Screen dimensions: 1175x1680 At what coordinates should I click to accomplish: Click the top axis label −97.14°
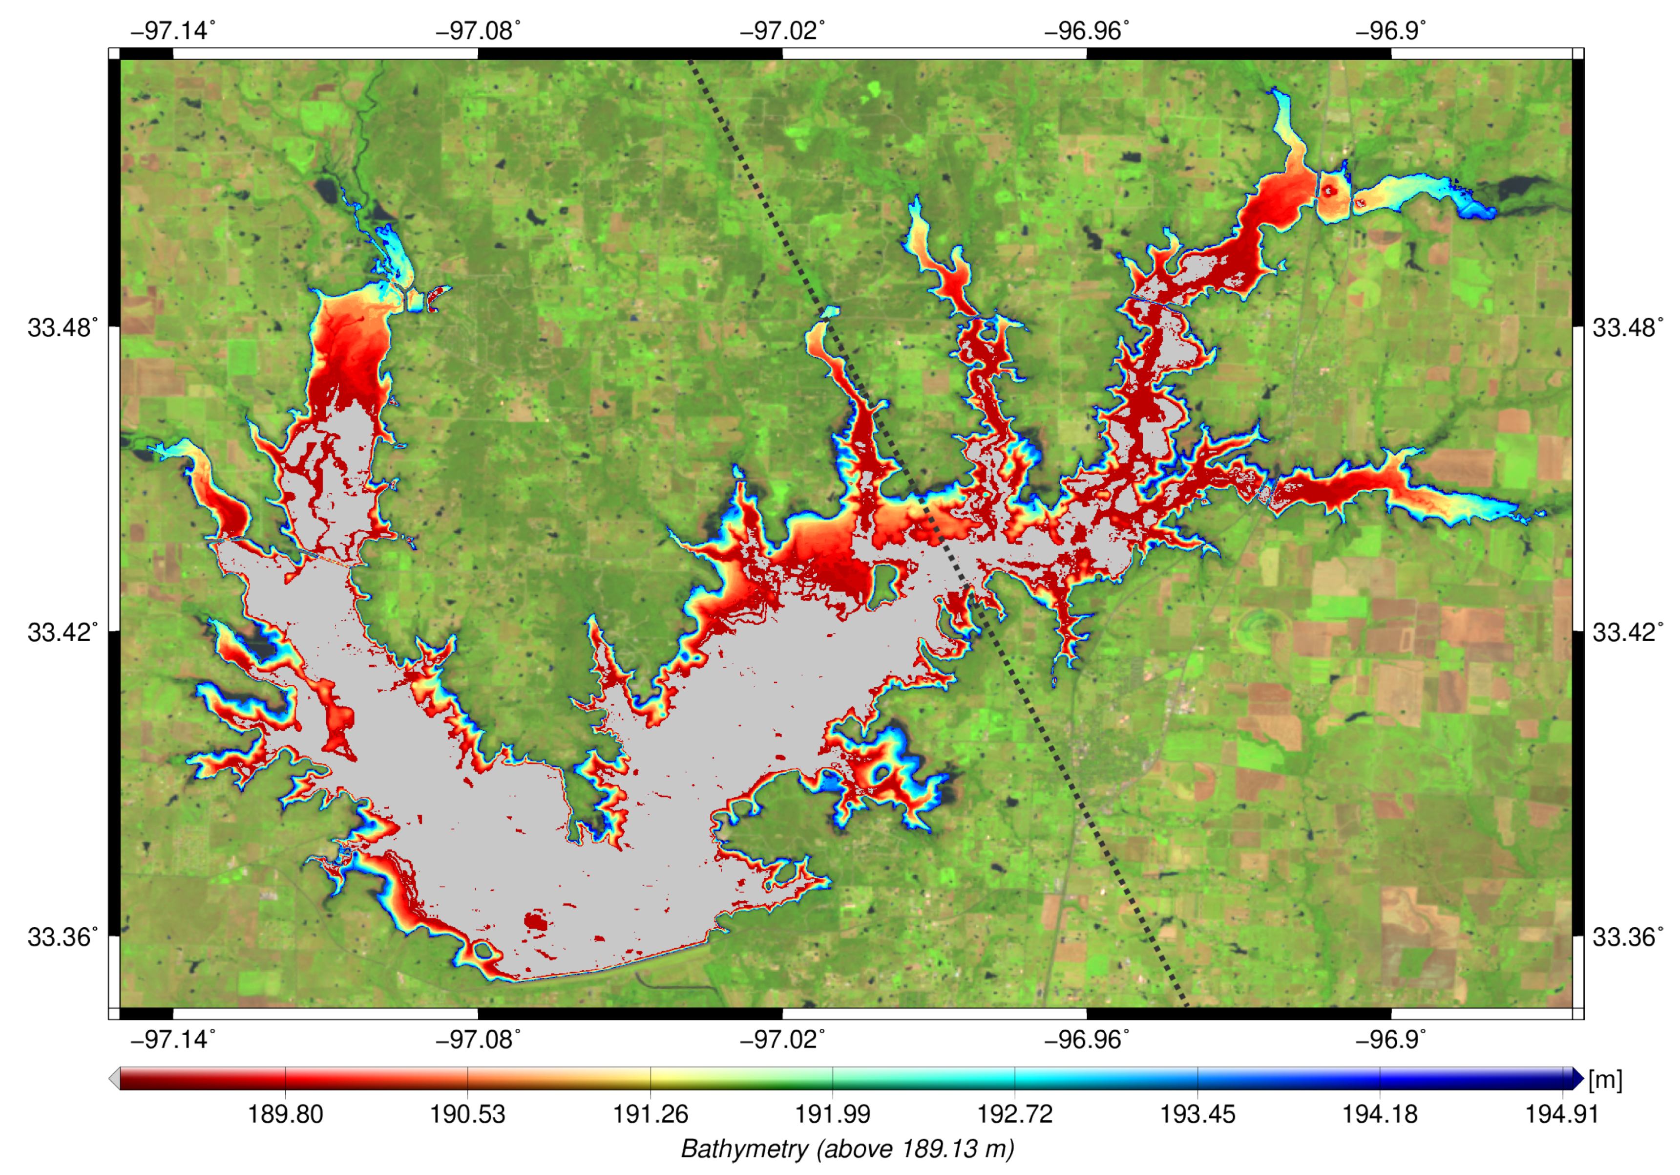(173, 31)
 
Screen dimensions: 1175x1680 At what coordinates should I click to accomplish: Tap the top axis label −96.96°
(1087, 31)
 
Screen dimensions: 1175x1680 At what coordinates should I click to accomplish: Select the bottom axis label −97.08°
(478, 1039)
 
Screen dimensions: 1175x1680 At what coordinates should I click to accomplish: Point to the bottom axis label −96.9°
(1390, 1039)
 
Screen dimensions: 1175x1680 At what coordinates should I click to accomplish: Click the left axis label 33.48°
(62, 327)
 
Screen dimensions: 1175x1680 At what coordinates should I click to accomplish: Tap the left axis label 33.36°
(62, 936)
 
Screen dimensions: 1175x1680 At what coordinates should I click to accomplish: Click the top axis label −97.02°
(782, 31)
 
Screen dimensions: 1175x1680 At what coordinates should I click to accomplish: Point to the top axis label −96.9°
(1390, 31)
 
